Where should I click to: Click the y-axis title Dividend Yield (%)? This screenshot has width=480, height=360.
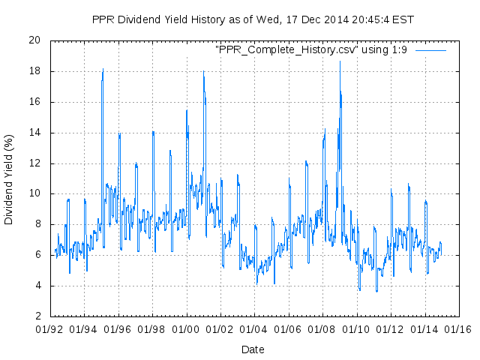click(x=9, y=180)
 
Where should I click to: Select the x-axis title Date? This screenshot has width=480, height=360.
click(x=253, y=349)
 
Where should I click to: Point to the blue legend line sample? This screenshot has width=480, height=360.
click(x=430, y=49)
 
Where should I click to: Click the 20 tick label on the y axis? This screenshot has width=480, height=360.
click(x=34, y=40)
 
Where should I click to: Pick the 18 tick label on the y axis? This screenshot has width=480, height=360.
click(x=34, y=71)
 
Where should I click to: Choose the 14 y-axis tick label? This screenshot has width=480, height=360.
click(x=34, y=133)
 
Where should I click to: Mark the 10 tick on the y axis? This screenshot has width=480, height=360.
click(x=34, y=193)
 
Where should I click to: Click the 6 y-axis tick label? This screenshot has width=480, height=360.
click(x=37, y=255)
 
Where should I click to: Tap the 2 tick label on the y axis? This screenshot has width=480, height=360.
click(x=37, y=316)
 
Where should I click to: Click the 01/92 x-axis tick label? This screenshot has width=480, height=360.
click(x=50, y=328)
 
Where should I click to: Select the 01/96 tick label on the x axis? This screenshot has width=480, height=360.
click(x=118, y=328)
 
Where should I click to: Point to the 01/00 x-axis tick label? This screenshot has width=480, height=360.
click(x=187, y=328)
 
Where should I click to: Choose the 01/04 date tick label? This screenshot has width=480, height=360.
click(x=255, y=328)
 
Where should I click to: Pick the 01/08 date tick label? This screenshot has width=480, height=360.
click(x=323, y=328)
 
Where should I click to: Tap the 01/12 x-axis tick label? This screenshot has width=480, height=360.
click(x=391, y=328)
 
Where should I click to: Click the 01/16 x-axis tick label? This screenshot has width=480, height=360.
click(x=459, y=328)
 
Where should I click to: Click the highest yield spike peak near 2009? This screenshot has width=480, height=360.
click(x=340, y=61)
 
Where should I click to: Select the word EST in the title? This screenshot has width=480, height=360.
click(x=403, y=19)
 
